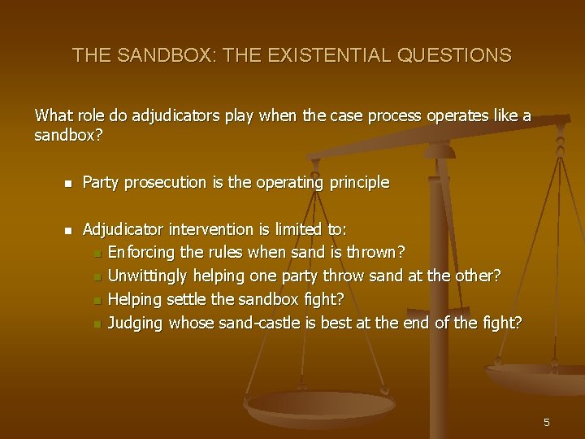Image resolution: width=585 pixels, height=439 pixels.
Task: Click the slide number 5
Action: click(547, 422)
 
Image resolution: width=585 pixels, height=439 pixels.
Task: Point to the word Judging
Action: click(136, 324)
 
